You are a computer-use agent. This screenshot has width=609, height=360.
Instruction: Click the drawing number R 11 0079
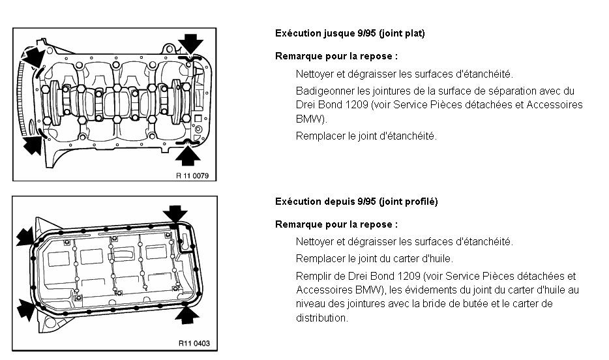click(x=196, y=175)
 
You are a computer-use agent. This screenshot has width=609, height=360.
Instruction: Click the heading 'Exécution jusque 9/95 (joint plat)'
click(x=349, y=33)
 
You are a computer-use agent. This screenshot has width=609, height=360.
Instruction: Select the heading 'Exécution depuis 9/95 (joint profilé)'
click(x=356, y=202)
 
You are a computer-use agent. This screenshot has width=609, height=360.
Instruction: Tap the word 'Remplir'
click(x=312, y=277)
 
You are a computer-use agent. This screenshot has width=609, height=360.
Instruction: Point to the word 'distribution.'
click(x=322, y=318)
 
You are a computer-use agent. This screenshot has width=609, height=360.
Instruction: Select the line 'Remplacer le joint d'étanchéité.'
click(x=366, y=136)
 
